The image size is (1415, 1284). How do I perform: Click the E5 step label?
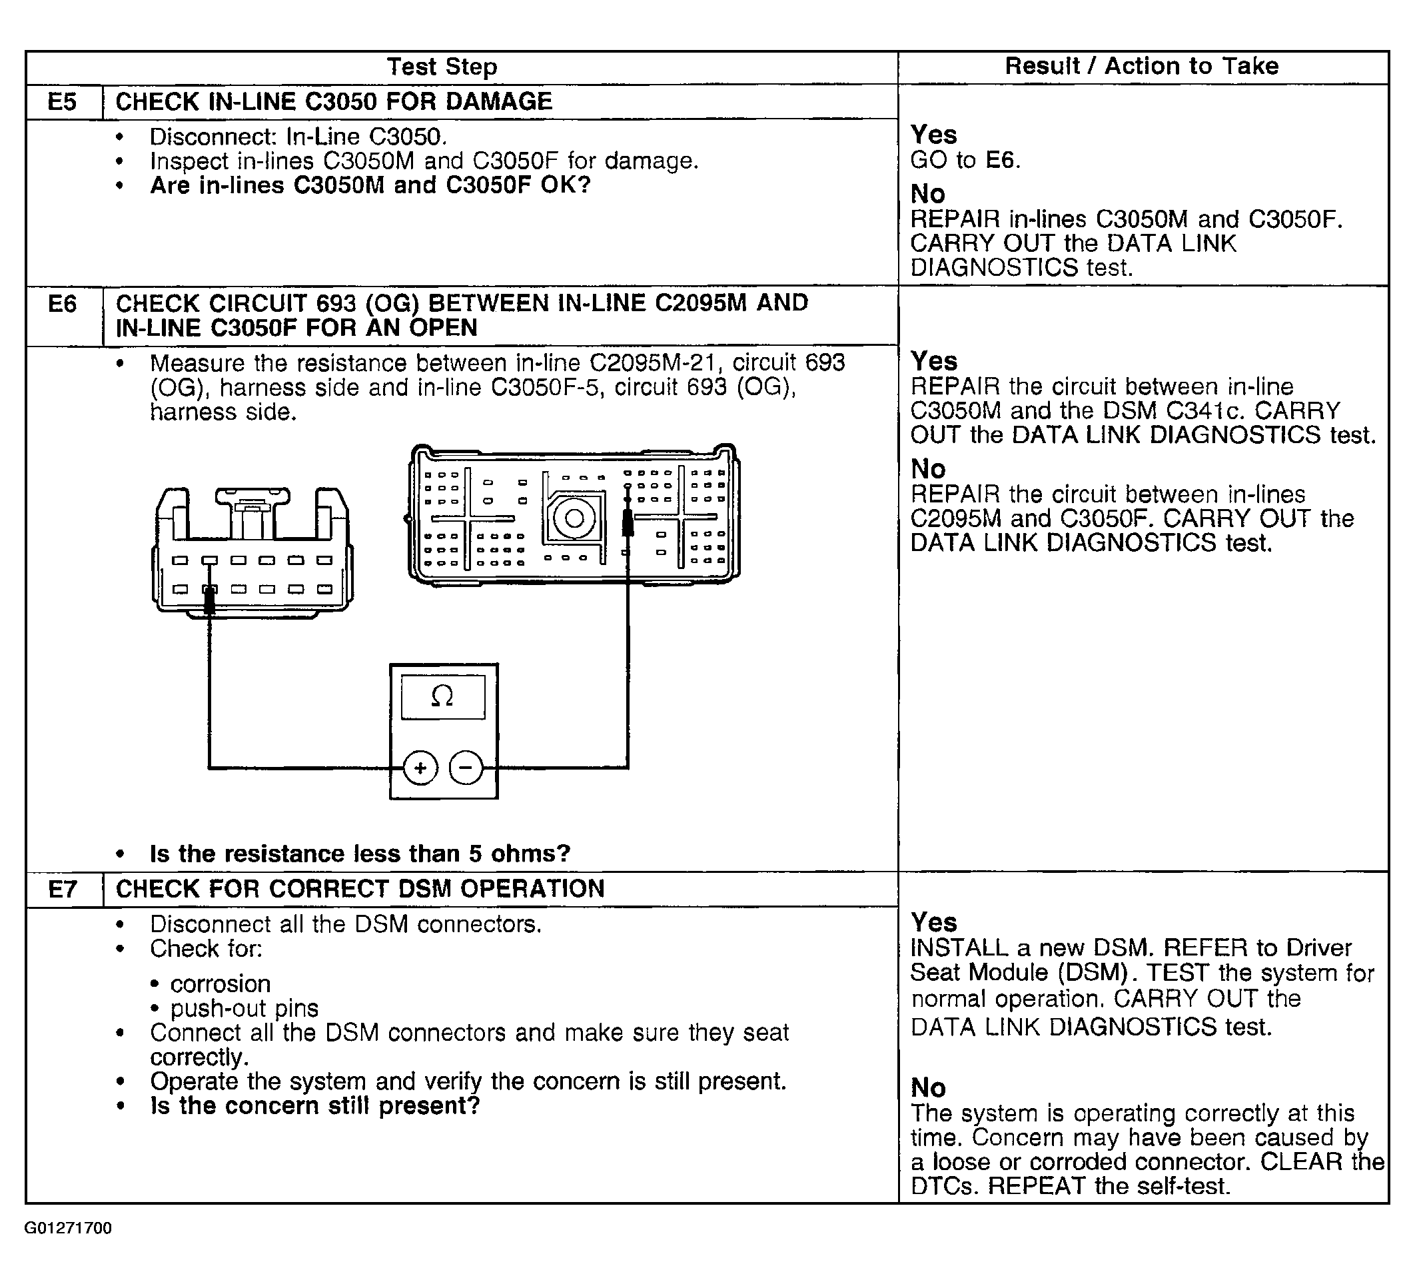(62, 103)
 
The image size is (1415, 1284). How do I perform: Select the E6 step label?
(62, 304)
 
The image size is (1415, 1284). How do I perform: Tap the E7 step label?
(62, 890)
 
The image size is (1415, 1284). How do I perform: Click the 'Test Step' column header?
(442, 67)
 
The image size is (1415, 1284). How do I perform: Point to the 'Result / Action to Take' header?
(1141, 67)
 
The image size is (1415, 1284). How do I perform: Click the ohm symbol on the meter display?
(442, 696)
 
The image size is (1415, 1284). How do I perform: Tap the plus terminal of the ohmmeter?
(420, 768)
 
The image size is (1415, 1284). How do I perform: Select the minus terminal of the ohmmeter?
(466, 768)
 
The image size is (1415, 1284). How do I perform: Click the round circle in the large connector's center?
(574, 519)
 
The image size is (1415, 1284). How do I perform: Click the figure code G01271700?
(68, 1228)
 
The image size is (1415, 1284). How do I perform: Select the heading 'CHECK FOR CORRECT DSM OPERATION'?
(359, 889)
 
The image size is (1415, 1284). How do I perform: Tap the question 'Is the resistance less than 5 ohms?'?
(359, 854)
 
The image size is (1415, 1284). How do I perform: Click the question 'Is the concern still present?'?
(314, 1105)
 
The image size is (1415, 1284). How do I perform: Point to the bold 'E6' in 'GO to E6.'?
(1000, 161)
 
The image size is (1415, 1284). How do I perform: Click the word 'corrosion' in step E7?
(220, 983)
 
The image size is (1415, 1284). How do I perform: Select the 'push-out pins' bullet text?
(244, 1009)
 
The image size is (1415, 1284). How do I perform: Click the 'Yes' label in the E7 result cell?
(933, 922)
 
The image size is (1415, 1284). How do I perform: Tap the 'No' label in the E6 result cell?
(928, 469)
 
